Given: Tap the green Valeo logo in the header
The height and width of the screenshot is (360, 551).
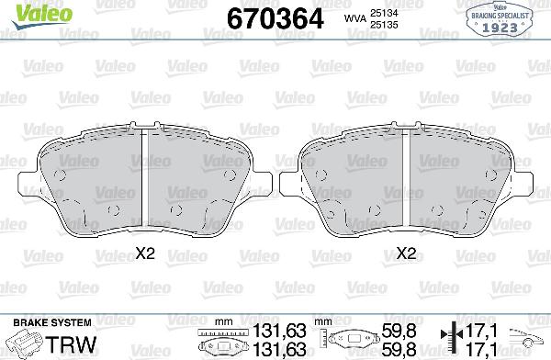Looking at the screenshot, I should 29,12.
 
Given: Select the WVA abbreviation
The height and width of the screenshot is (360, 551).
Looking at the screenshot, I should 352,17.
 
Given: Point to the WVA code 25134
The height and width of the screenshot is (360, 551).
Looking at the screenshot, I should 383,11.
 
